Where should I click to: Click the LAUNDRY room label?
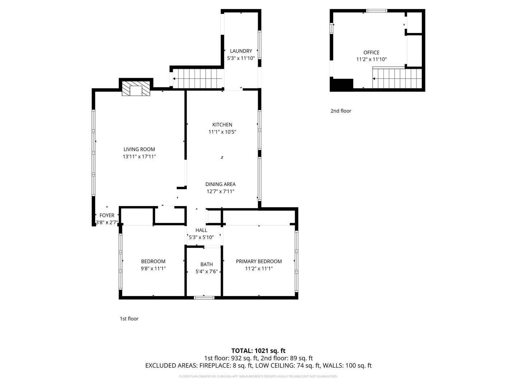pyautogui.click(x=241, y=51)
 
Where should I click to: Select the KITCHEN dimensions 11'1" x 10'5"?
pyautogui.click(x=222, y=132)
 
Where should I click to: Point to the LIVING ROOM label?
pyautogui.click(x=139, y=149)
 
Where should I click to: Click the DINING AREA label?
pyautogui.click(x=220, y=184)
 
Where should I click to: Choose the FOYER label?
pyautogui.click(x=107, y=215)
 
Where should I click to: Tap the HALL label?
pyautogui.click(x=201, y=230)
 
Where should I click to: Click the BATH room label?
pyautogui.click(x=206, y=264)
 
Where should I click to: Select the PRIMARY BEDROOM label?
pyautogui.click(x=258, y=261)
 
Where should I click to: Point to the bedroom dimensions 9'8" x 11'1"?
pyautogui.click(x=153, y=268)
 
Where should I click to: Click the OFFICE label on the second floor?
pyautogui.click(x=371, y=53)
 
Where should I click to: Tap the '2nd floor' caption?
pyautogui.click(x=341, y=111)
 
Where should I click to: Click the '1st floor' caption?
pyautogui.click(x=129, y=319)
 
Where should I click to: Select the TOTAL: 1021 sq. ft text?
pyautogui.click(x=258, y=351)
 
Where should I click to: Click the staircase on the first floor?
pyautogui.click(x=198, y=78)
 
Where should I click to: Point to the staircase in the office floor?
pyautogui.click(x=397, y=78)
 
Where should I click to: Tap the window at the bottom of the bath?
pyautogui.click(x=204, y=298)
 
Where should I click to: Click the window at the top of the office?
pyautogui.click(x=377, y=11)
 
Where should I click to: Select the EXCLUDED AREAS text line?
pyautogui.click(x=258, y=365)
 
